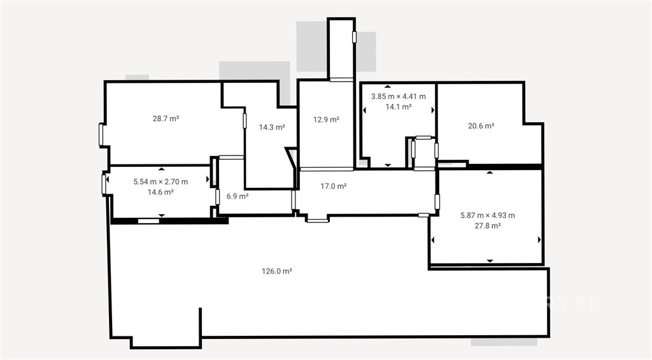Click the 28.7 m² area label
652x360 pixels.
click(166, 119)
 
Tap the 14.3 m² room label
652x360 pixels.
click(272, 127)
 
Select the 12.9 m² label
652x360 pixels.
click(327, 120)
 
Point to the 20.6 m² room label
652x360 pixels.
click(481, 126)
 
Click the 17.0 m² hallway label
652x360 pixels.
click(334, 187)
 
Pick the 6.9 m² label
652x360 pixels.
click(237, 196)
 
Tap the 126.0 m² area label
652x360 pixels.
click(277, 271)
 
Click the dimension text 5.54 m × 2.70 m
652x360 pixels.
click(160, 182)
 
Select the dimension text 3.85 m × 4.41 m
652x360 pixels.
click(399, 97)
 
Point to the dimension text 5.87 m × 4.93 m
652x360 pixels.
click(488, 215)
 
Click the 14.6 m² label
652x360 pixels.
click(160, 192)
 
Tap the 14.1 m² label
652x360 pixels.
click(399, 107)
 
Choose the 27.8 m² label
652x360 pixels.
click(488, 226)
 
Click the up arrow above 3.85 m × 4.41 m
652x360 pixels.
click(388, 87)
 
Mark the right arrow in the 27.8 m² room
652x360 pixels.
click(539, 240)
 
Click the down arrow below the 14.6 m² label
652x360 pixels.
click(162, 215)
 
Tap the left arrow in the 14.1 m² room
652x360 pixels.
click(365, 110)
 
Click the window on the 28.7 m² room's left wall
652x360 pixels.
click(101, 134)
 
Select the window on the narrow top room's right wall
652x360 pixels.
click(354, 37)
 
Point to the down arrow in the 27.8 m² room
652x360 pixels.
click(490, 261)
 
